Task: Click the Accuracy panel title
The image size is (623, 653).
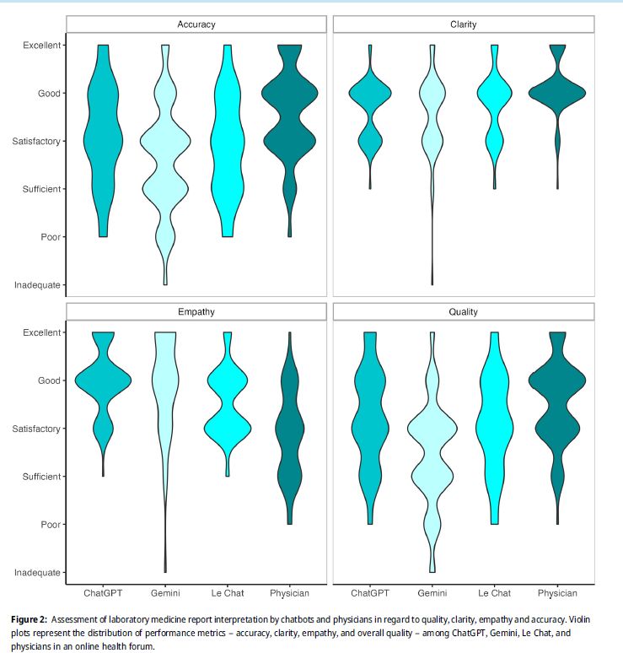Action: coord(196,24)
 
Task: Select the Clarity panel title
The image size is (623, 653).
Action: coord(463,24)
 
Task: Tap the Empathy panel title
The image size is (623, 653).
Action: coord(196,312)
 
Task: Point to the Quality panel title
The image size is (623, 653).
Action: coord(463,312)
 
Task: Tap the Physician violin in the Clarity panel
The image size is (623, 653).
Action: coord(557,93)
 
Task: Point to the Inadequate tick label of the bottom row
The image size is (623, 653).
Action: coord(37,573)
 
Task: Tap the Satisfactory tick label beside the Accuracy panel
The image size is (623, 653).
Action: coord(36,141)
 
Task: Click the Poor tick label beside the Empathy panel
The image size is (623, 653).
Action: coord(51,525)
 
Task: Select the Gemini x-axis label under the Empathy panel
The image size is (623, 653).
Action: coord(164,593)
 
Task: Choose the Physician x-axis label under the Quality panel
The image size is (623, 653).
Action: coord(557,593)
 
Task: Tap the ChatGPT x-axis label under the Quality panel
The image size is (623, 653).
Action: coord(369,593)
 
